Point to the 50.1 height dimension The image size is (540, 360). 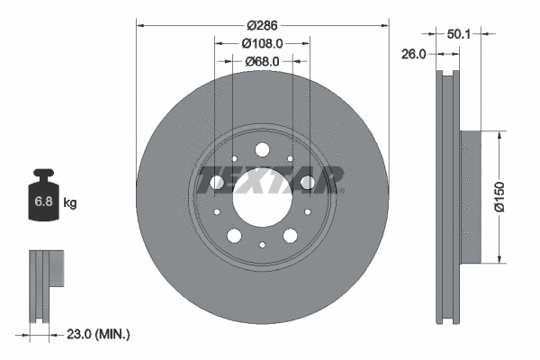(x=460, y=33)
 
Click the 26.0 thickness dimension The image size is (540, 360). (x=413, y=54)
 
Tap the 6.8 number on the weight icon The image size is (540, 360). (x=43, y=202)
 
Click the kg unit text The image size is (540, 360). (x=70, y=203)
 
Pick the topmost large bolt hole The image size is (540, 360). (x=262, y=149)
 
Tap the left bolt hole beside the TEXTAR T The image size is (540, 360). (x=217, y=184)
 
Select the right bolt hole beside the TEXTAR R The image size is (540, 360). (x=308, y=184)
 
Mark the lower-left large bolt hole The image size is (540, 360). (x=234, y=236)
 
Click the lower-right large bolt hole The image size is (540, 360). (x=290, y=236)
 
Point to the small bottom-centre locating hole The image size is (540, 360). (x=262, y=244)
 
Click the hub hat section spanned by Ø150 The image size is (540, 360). (x=469, y=199)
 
